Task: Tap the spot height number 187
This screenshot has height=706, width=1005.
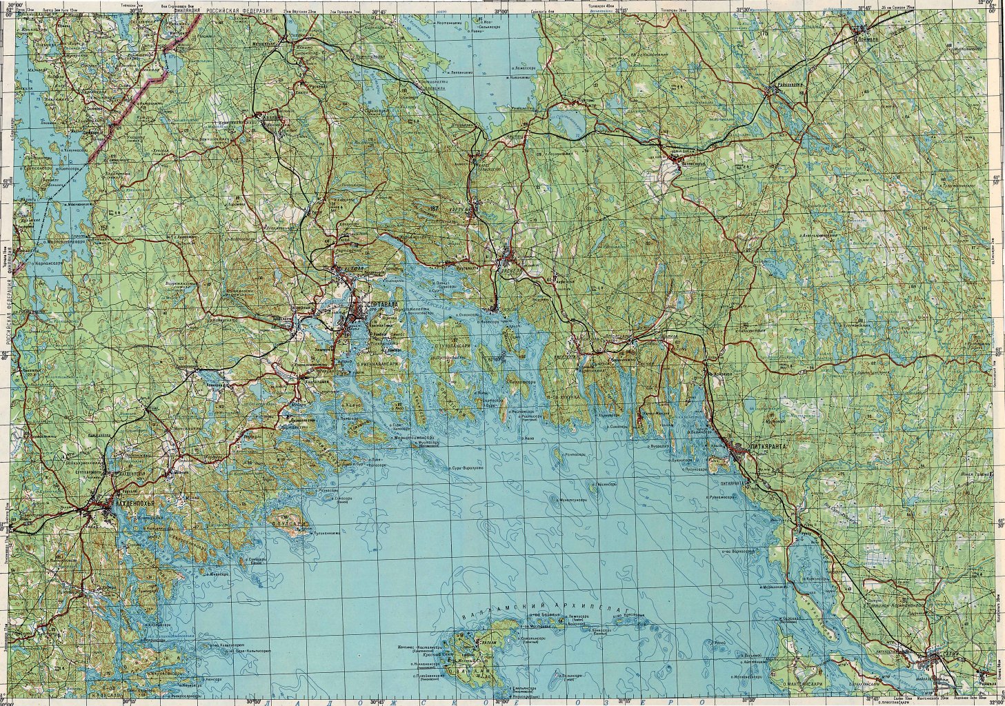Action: [433, 207]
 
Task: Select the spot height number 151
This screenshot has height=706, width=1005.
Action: [104, 228]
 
